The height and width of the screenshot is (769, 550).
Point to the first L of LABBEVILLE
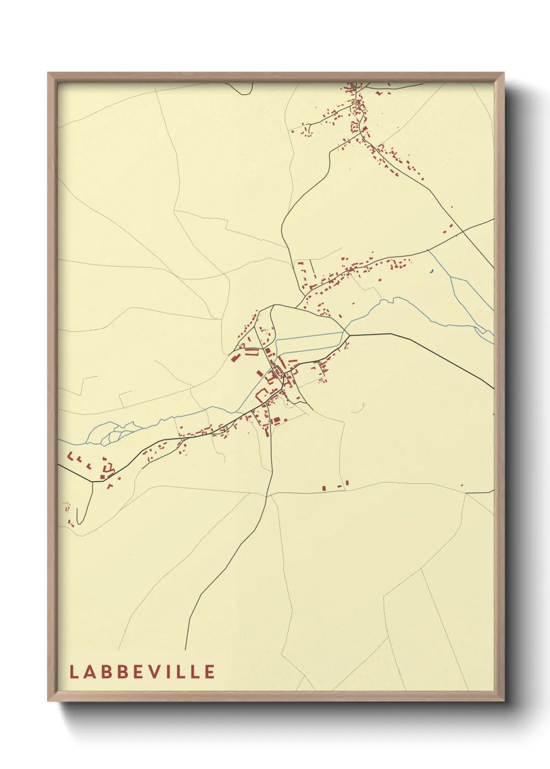pos(73,671)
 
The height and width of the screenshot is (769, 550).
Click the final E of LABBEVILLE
pos(209,671)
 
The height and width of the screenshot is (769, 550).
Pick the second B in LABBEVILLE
pos(123,671)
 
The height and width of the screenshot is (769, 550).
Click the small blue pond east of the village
pos(430,270)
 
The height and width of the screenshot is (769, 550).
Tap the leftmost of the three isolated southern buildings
pos(323,488)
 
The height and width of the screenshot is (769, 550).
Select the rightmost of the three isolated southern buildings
pos(347,483)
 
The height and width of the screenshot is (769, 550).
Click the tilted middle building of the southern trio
pos(339,486)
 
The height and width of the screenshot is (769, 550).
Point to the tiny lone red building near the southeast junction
pos(462,485)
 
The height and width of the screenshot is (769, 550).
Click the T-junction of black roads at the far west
pos(93,482)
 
